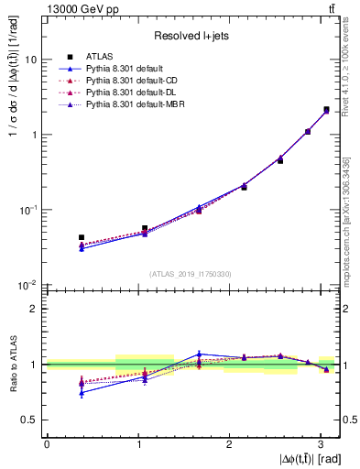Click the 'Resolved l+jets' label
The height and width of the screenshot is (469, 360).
click(x=191, y=36)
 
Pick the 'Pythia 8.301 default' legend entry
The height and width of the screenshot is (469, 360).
click(x=129, y=69)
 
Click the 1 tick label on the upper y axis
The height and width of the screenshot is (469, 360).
click(x=35, y=135)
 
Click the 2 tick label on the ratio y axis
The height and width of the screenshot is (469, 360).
click(x=35, y=309)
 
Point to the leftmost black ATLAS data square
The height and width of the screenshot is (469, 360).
click(x=82, y=237)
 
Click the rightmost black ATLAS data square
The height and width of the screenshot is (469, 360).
click(x=326, y=110)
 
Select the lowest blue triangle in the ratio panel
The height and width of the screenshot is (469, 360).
click(x=82, y=393)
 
